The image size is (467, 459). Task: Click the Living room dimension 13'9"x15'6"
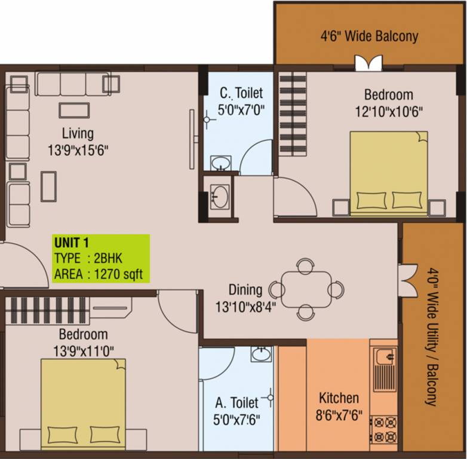(x=78, y=150)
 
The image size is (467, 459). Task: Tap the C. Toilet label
(x=241, y=93)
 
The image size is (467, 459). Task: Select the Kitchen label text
(x=339, y=398)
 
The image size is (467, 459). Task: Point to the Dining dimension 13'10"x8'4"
(x=245, y=307)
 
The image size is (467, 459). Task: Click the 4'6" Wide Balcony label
(x=369, y=36)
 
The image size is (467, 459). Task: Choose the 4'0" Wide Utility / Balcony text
(x=432, y=337)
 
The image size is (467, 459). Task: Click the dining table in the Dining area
(x=306, y=289)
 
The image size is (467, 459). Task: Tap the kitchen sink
(x=385, y=369)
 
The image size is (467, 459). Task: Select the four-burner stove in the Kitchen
(x=384, y=429)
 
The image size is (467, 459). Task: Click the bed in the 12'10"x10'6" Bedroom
(x=389, y=173)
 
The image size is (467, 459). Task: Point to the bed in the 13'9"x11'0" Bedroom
(x=83, y=404)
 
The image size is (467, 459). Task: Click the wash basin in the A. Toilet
(x=261, y=354)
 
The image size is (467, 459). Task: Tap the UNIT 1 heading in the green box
(x=72, y=243)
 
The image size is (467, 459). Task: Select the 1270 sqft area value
(x=118, y=274)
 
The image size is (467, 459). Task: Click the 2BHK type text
(x=108, y=258)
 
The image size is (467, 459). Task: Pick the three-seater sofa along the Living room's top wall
(x=73, y=84)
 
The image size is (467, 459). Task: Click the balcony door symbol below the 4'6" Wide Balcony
(x=368, y=63)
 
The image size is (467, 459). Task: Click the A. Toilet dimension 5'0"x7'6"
(x=236, y=420)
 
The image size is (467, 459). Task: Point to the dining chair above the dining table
(x=306, y=266)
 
